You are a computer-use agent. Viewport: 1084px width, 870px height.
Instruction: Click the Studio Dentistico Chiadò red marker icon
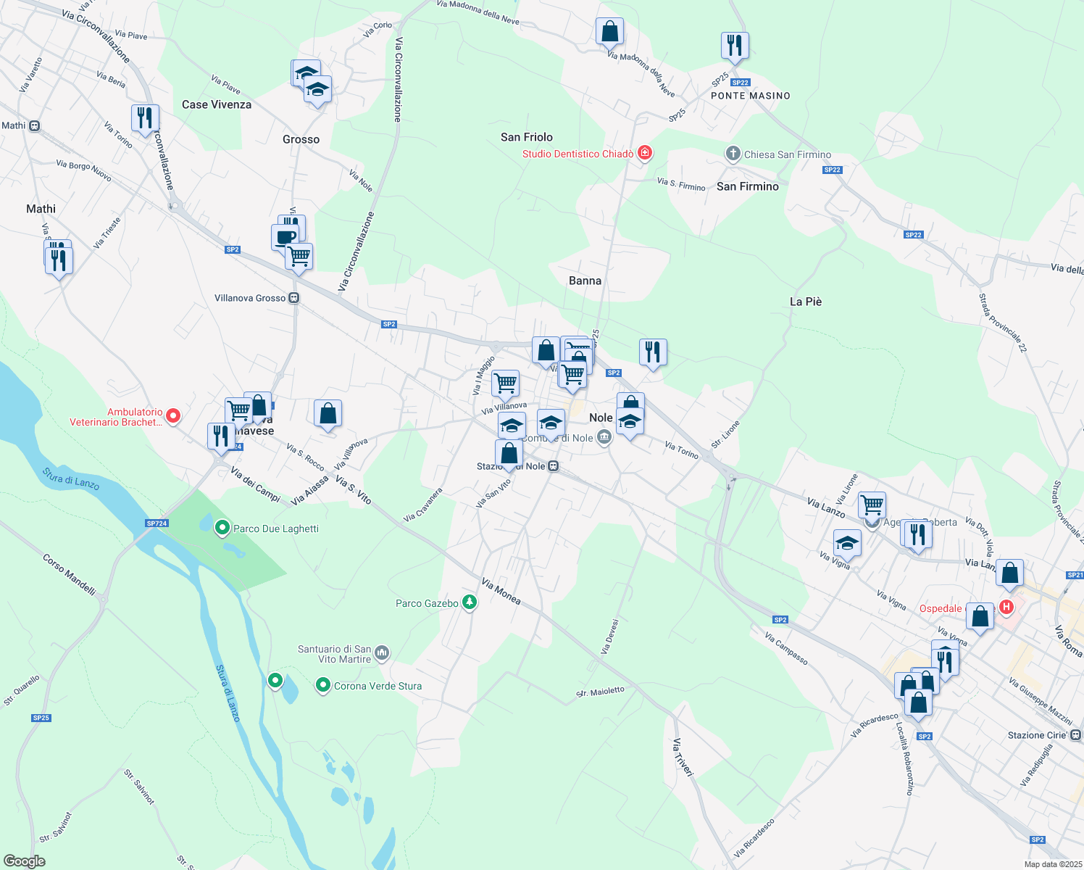coord(645,153)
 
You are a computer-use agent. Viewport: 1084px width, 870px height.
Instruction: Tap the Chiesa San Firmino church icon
coord(733,154)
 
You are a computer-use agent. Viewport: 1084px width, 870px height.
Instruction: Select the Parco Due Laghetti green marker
coord(222,529)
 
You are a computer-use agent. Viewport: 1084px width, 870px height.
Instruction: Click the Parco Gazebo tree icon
coord(470,602)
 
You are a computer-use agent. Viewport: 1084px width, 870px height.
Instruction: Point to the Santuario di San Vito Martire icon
coord(383,653)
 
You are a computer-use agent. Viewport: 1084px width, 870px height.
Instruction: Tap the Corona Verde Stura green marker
coord(323,685)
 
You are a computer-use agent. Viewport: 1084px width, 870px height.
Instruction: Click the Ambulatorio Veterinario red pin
coord(173,416)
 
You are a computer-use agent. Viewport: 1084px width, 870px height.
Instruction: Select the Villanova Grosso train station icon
coord(293,298)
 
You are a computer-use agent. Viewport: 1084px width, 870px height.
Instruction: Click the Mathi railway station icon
coord(34,125)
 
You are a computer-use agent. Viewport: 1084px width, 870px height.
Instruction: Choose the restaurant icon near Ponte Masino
coord(735,46)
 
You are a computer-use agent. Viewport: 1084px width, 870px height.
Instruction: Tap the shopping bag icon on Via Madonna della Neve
coord(609,32)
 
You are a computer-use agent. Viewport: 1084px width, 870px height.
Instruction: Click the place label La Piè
coord(806,302)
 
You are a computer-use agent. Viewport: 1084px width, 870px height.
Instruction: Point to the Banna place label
coord(585,281)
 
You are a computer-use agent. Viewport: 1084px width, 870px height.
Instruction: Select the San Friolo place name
coord(526,137)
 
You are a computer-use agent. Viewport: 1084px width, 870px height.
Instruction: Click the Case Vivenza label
coord(217,104)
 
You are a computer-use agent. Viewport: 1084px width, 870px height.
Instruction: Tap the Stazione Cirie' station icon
coord(1075,735)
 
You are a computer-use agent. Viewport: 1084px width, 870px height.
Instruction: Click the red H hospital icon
coord(1006,607)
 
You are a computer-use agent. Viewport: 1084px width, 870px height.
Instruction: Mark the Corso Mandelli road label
coord(69,575)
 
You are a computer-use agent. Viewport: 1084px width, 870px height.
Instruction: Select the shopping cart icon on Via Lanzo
coord(872,504)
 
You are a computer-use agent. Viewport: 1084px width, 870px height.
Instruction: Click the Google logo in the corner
coord(24,861)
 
